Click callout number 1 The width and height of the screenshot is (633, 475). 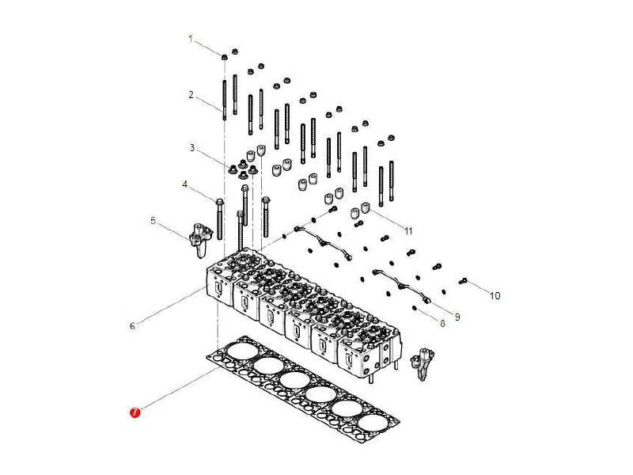click(x=190, y=38)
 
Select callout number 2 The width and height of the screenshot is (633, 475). click(x=191, y=95)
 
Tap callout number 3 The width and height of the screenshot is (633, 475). click(x=191, y=147)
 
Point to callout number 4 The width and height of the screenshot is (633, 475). click(x=185, y=184)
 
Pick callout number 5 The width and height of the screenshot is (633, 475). click(x=154, y=221)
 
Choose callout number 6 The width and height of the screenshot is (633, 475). click(x=132, y=325)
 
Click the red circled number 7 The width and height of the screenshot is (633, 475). click(x=135, y=412)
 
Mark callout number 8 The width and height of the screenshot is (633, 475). click(x=442, y=322)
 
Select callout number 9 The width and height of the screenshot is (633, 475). click(x=457, y=317)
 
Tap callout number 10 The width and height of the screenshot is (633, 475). click(x=495, y=296)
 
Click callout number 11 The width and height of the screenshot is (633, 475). click(x=408, y=231)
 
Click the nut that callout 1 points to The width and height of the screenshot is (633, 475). click(x=226, y=55)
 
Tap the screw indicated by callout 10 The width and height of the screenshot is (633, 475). click(x=464, y=281)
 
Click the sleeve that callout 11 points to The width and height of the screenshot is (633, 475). click(x=366, y=208)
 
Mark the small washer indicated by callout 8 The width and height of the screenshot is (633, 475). click(x=415, y=307)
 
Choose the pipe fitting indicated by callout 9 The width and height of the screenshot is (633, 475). click(x=427, y=300)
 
